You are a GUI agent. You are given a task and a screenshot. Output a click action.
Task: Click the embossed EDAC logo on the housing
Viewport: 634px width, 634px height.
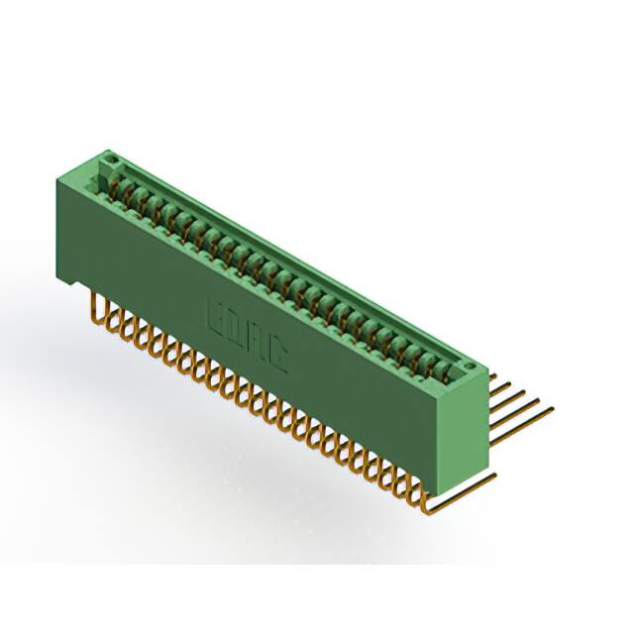(248, 333)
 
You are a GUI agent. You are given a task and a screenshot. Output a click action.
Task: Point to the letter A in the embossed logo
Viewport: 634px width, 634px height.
(258, 339)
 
